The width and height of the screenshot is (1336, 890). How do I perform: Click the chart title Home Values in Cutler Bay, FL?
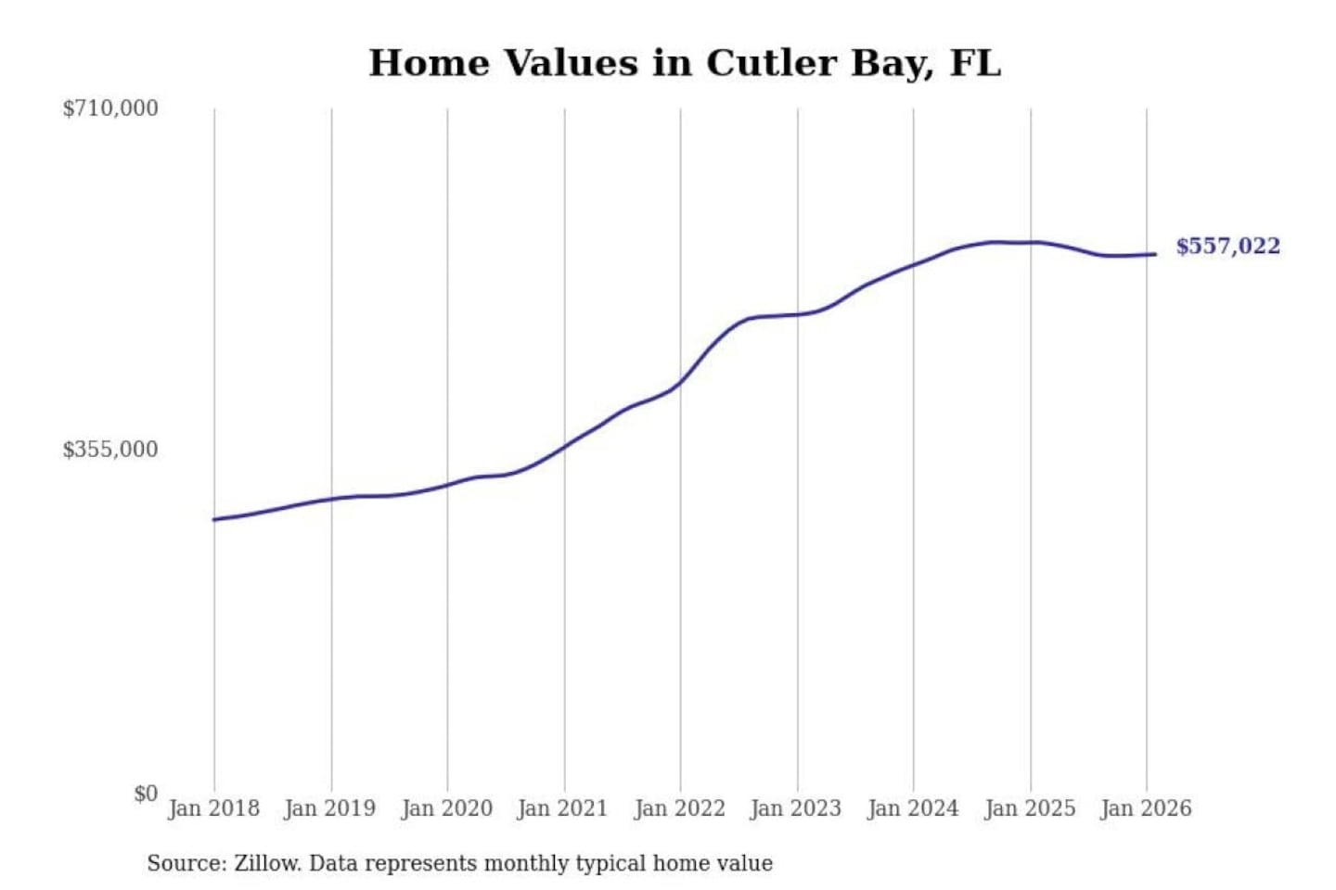click(x=685, y=63)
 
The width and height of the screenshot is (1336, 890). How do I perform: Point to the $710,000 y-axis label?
click(x=110, y=108)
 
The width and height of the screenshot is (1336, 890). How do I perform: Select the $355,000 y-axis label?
click(x=110, y=450)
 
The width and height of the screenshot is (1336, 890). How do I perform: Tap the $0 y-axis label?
click(x=146, y=794)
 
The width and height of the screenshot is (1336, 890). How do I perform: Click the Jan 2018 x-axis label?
click(x=213, y=808)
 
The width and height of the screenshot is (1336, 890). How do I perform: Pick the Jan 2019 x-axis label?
click(x=329, y=808)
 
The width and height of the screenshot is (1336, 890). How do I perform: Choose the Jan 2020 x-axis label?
click(x=446, y=808)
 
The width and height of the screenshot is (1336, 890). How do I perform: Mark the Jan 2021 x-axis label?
click(x=562, y=808)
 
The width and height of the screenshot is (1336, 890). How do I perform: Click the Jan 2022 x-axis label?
click(x=679, y=808)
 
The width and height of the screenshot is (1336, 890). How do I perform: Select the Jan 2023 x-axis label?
click(x=795, y=808)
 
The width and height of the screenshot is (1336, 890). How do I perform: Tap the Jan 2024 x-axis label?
click(x=912, y=808)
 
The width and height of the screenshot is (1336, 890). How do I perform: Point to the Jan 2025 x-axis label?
click(x=1029, y=808)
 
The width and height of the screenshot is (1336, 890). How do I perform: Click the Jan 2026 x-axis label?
click(x=1145, y=808)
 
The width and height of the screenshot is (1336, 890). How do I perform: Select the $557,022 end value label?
click(x=1227, y=247)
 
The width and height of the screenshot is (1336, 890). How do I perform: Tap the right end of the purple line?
click(x=1155, y=254)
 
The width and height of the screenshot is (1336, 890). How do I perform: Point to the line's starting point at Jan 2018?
click(x=214, y=519)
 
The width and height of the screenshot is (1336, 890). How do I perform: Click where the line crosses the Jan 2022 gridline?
click(x=680, y=382)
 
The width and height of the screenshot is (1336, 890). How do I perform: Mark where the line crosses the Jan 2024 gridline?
click(x=913, y=265)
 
